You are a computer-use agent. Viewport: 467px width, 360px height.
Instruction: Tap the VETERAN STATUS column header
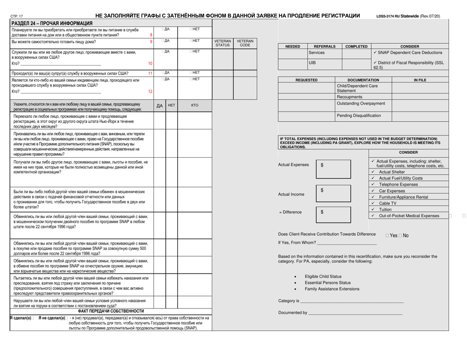point(222,44)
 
